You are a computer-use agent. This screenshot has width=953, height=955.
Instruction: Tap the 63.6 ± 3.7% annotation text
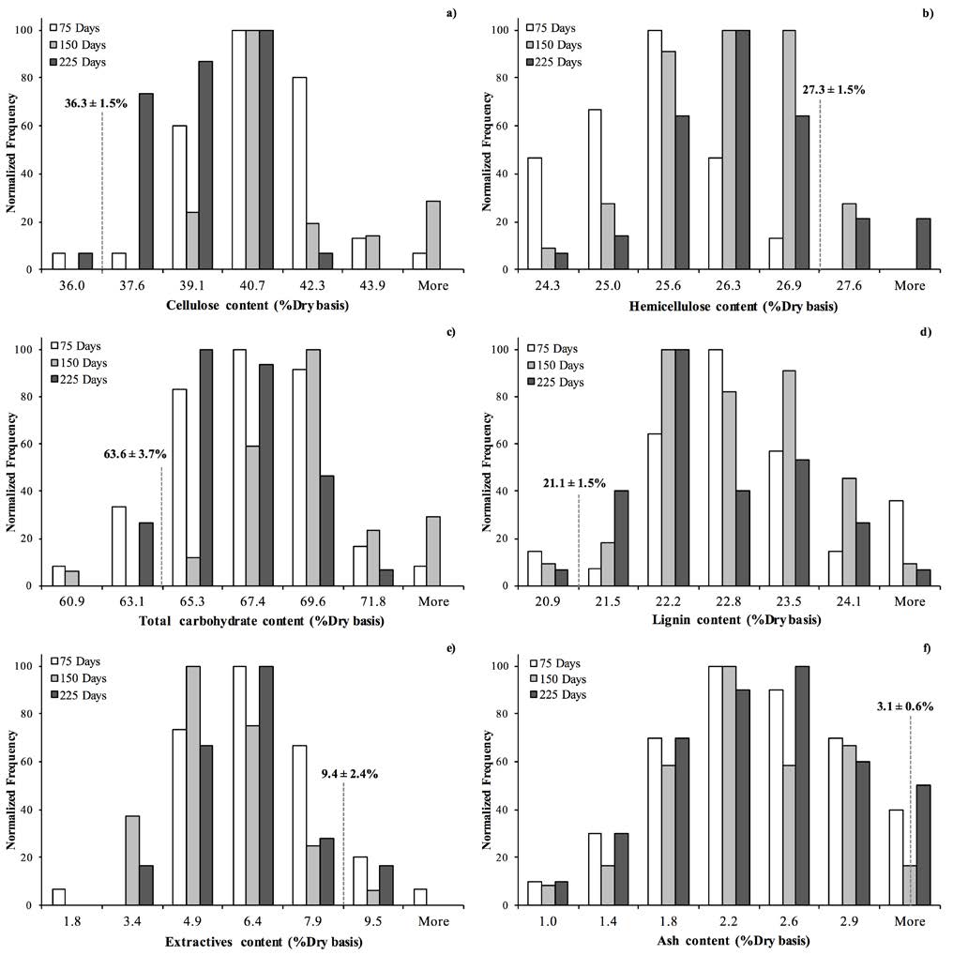point(135,454)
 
